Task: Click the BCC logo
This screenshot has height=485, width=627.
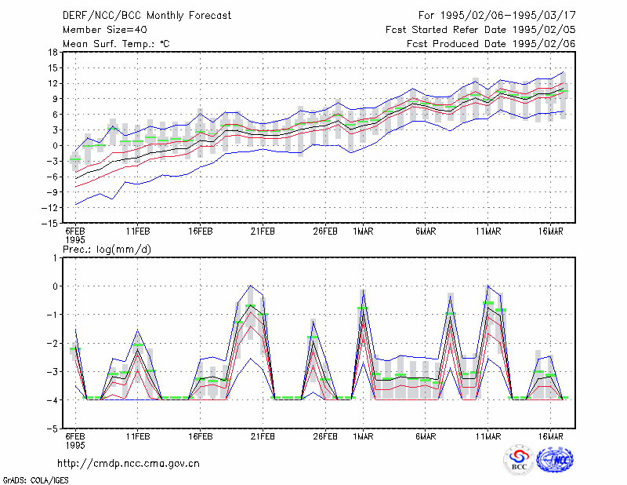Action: click(x=519, y=459)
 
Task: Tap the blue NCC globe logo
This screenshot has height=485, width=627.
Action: click(x=555, y=460)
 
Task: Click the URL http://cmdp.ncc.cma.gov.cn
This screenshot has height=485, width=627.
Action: click(x=129, y=464)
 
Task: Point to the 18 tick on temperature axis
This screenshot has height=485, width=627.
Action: click(x=53, y=52)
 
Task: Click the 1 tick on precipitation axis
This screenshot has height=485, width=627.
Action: click(x=55, y=258)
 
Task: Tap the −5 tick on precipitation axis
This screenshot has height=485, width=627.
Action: click(x=53, y=428)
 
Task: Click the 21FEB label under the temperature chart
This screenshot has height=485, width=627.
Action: click(x=263, y=232)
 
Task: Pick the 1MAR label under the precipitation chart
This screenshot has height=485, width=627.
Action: click(x=363, y=436)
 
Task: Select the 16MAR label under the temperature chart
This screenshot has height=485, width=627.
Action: click(x=551, y=232)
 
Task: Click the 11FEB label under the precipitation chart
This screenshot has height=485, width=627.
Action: click(x=138, y=436)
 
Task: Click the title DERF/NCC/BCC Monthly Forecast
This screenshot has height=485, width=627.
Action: click(x=147, y=16)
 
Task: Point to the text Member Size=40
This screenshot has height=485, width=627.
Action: click(x=105, y=30)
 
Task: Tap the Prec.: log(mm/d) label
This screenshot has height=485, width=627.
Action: click(x=107, y=250)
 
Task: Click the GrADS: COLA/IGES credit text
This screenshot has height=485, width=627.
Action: click(x=35, y=480)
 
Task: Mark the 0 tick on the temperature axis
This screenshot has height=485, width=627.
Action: click(x=55, y=146)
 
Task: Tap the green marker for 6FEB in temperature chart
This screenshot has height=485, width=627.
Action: click(x=75, y=159)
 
